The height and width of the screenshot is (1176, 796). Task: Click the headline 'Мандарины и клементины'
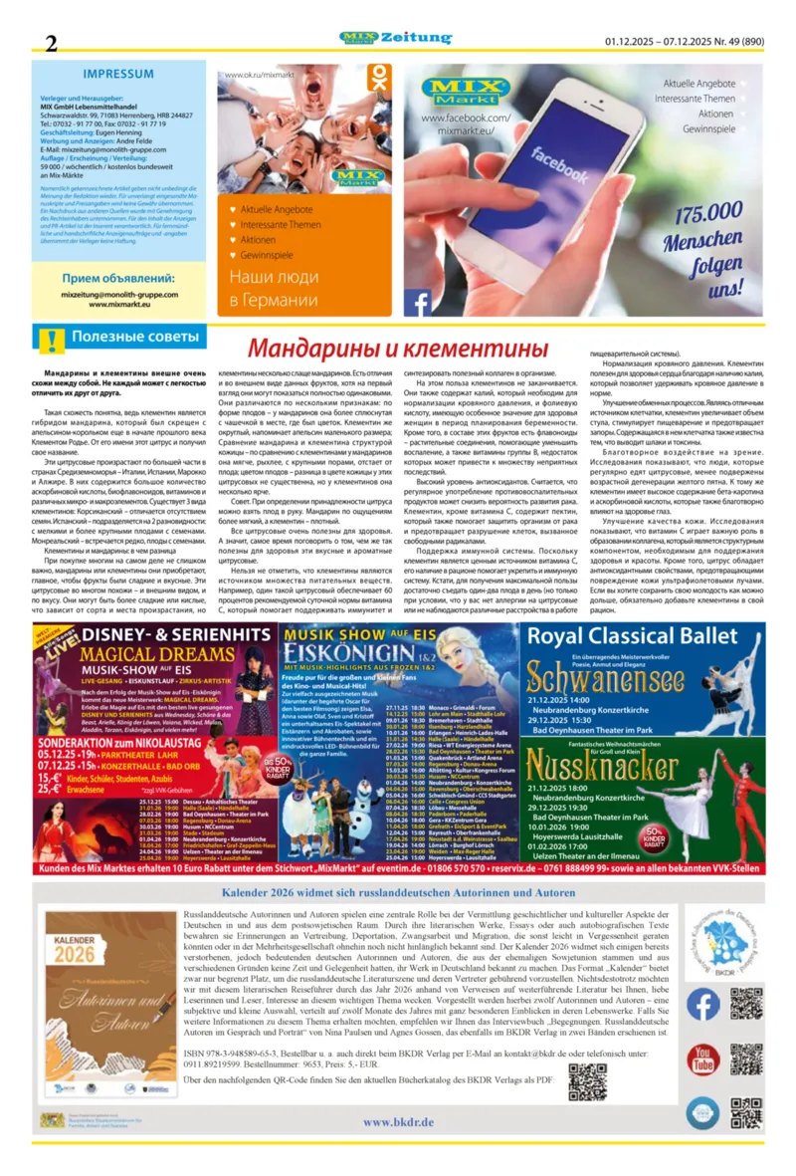(398, 349)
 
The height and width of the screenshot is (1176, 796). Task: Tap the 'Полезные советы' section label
(134, 338)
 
